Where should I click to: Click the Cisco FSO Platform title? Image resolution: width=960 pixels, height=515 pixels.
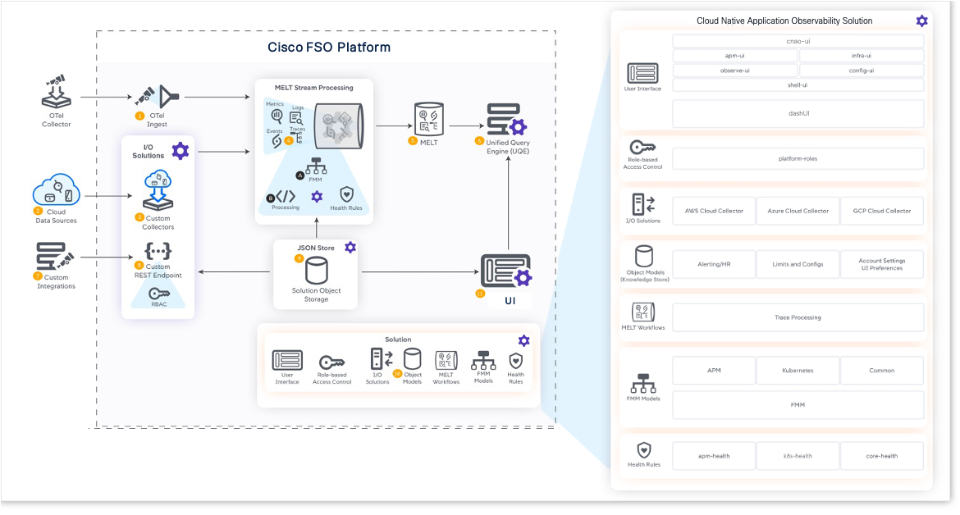pyautogui.click(x=329, y=47)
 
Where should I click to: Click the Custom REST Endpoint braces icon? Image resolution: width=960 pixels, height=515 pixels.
pyautogui.click(x=158, y=251)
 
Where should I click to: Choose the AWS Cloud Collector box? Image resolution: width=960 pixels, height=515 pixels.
pyautogui.click(x=714, y=211)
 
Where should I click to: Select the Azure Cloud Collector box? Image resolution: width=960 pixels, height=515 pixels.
pyautogui.click(x=798, y=211)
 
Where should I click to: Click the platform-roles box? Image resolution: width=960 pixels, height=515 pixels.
pyautogui.click(x=798, y=158)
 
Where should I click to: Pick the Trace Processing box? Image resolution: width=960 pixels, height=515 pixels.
pyautogui.click(x=798, y=317)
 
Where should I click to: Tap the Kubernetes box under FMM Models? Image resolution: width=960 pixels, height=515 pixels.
pyautogui.click(x=798, y=371)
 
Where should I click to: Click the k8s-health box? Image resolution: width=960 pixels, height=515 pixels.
pyautogui.click(x=798, y=456)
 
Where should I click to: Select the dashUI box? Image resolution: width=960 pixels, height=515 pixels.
pyautogui.click(x=798, y=114)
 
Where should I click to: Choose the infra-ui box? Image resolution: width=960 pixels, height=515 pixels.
pyautogui.click(x=862, y=56)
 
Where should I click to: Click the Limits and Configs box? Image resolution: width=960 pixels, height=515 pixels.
pyautogui.click(x=798, y=264)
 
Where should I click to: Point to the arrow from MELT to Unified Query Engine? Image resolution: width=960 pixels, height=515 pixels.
pyautogui.click(x=463, y=126)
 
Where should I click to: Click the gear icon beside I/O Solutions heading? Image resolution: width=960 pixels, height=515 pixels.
pyautogui.click(x=180, y=151)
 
